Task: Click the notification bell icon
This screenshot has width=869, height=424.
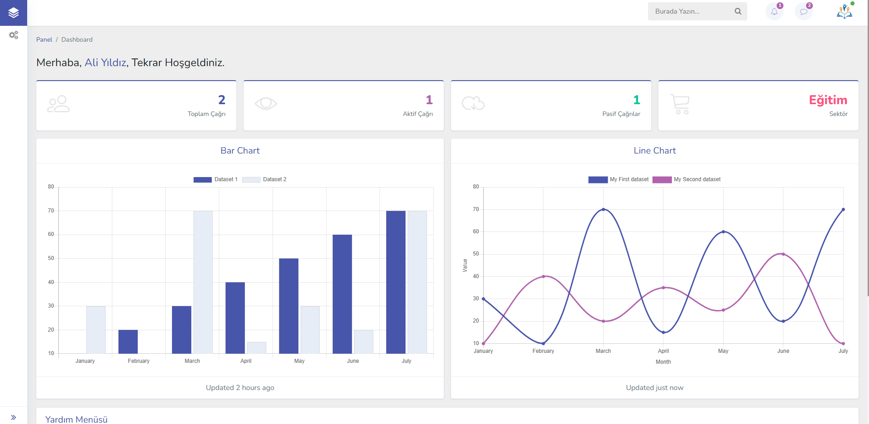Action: [x=774, y=12]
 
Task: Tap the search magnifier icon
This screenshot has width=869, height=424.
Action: [x=738, y=11]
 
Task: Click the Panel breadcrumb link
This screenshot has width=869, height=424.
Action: [x=44, y=39]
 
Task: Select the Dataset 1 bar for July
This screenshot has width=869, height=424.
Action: [x=395, y=282]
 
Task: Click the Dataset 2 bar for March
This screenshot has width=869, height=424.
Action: [x=203, y=282]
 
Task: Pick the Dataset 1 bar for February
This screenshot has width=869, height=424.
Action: [x=128, y=342]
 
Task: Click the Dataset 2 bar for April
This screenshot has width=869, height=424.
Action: [x=256, y=347]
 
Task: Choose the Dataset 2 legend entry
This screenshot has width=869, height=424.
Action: [x=264, y=179]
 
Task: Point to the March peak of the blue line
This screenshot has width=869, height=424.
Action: [x=603, y=209]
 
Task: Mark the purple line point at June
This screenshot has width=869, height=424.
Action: [x=783, y=254]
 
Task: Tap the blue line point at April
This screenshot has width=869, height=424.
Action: [x=663, y=332]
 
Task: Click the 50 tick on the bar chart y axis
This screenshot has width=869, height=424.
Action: [x=51, y=258]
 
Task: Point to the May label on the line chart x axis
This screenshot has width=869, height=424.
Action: [x=723, y=351]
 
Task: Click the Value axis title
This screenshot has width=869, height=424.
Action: [x=465, y=265]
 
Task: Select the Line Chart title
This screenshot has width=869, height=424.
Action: [x=654, y=150]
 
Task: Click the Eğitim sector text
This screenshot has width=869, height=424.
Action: [x=828, y=100]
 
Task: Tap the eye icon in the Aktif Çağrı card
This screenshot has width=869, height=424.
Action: [x=266, y=104]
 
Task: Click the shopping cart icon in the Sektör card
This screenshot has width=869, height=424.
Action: [x=680, y=104]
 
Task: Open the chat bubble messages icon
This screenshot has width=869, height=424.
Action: [x=803, y=12]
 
